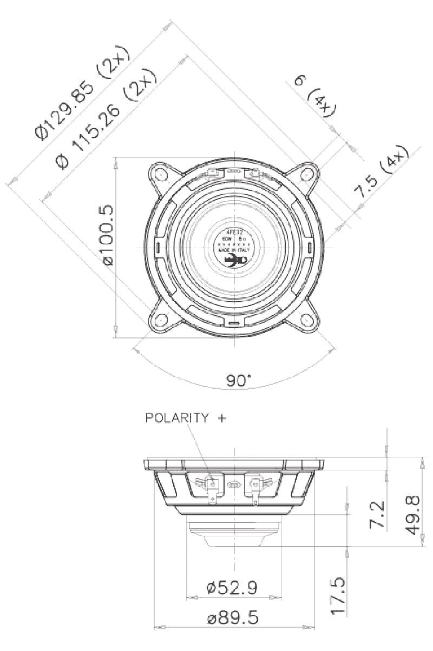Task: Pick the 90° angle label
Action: pyautogui.click(x=239, y=381)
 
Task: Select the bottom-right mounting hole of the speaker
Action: pyautogui.click(x=307, y=321)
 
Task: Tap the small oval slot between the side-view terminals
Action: pyautogui.click(x=234, y=484)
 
